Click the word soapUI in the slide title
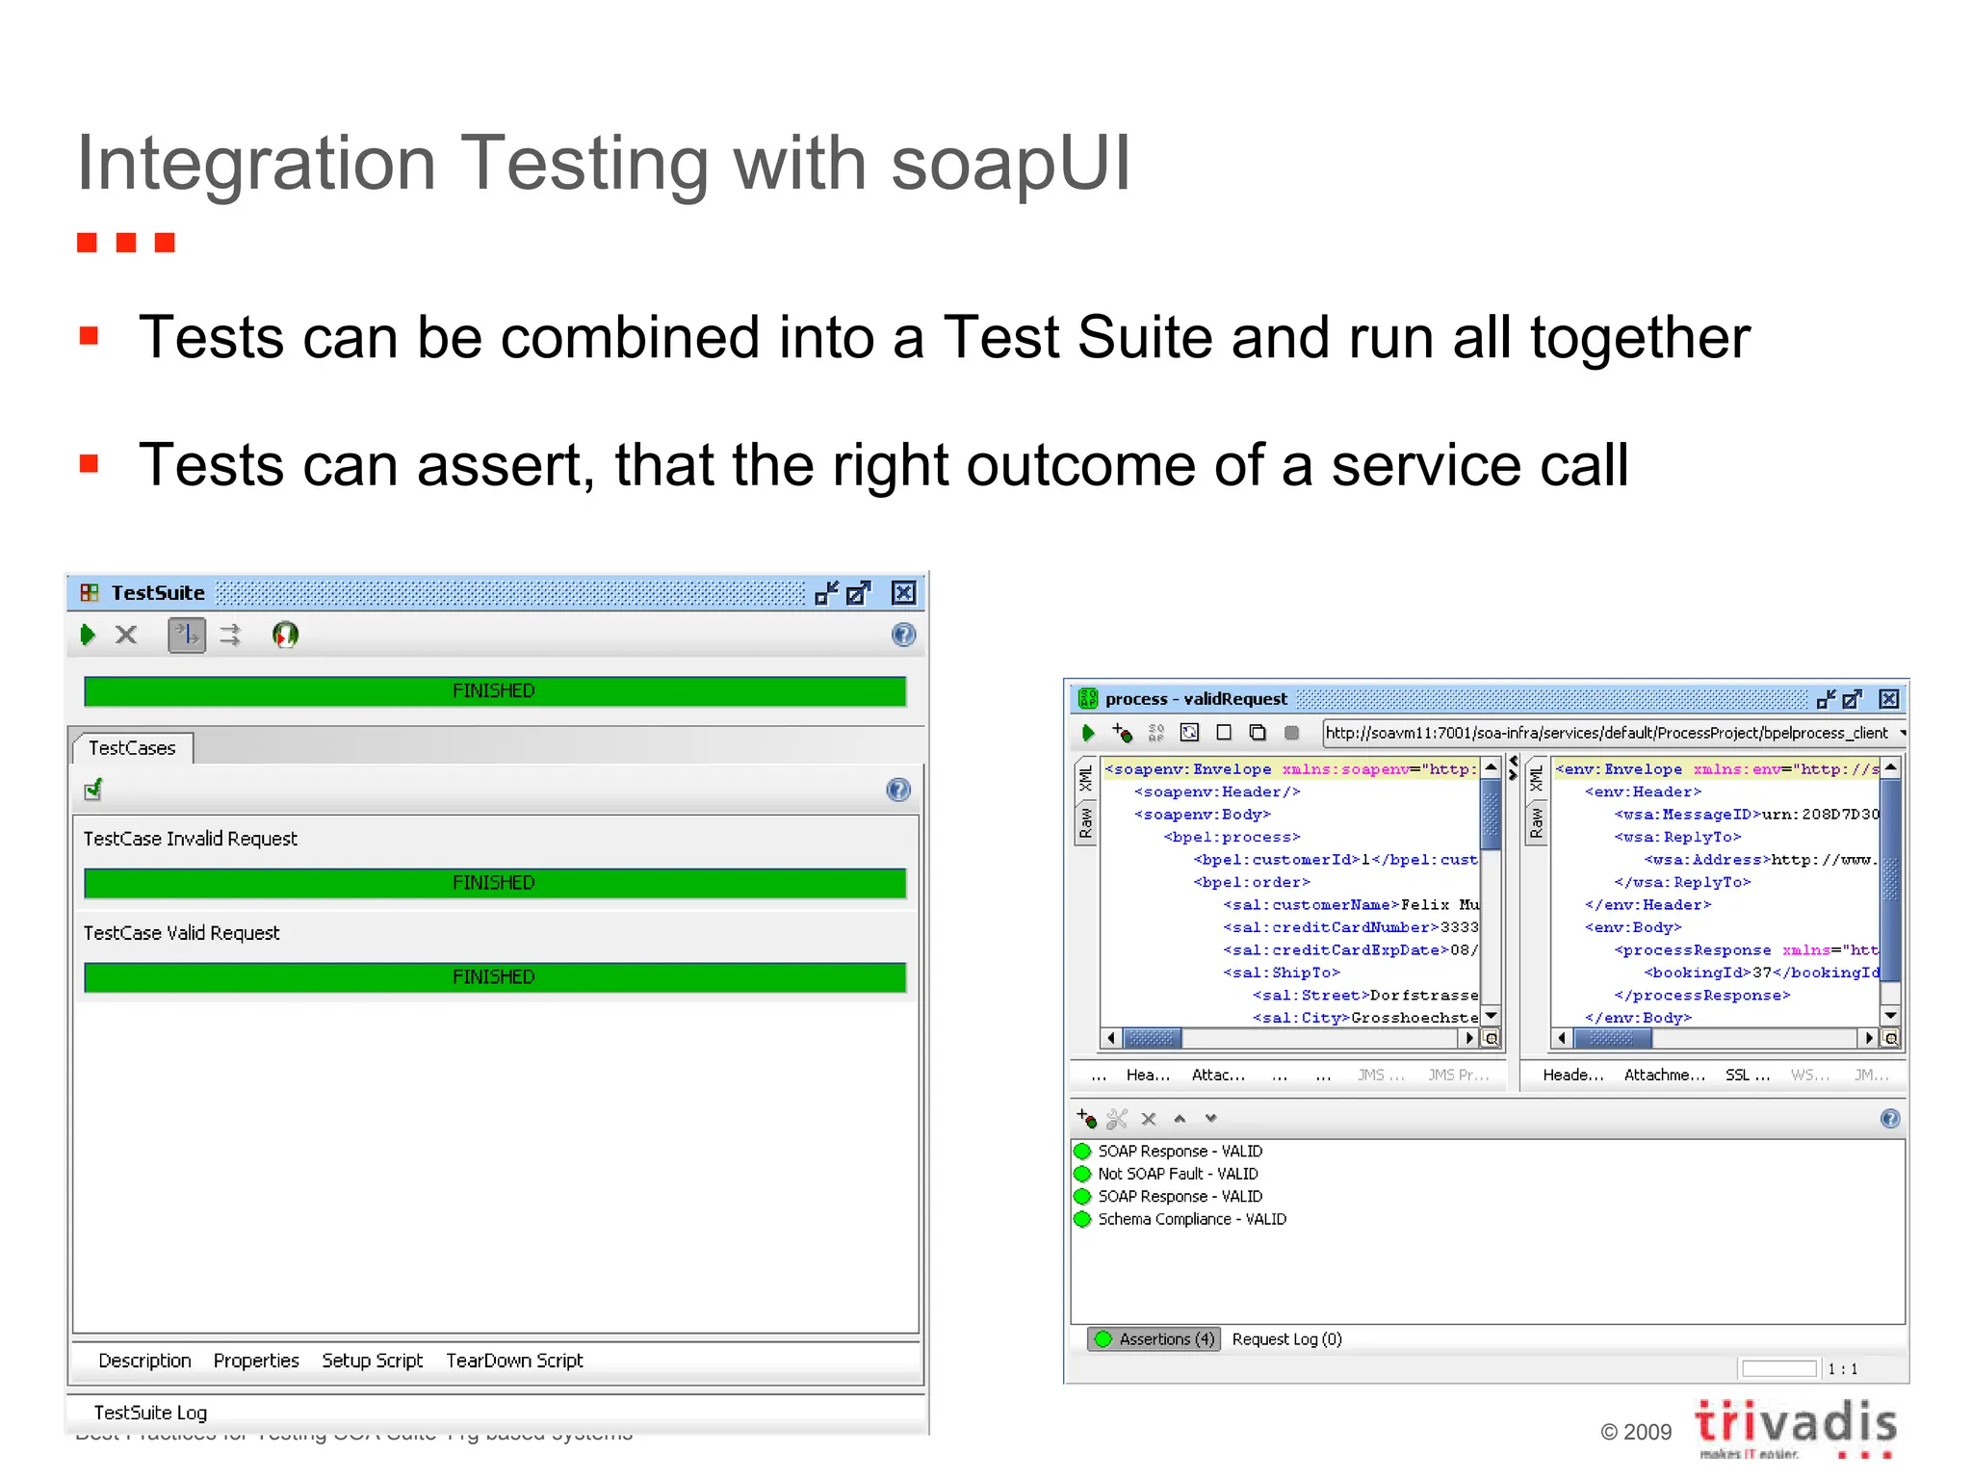[1010, 164]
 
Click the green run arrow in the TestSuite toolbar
[88, 635]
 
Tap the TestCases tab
[133, 748]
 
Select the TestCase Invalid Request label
[191, 839]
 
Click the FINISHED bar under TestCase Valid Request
[494, 977]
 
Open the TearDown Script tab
[514, 1361]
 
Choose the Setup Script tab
[373, 1361]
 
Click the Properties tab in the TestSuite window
[256, 1361]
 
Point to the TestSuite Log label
[150, 1413]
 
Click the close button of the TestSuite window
[903, 593]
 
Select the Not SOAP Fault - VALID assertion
[1178, 1174]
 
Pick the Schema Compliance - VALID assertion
[1192, 1219]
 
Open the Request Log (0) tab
[1286, 1339]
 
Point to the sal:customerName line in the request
[1348, 905]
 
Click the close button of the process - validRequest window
[1889, 699]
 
